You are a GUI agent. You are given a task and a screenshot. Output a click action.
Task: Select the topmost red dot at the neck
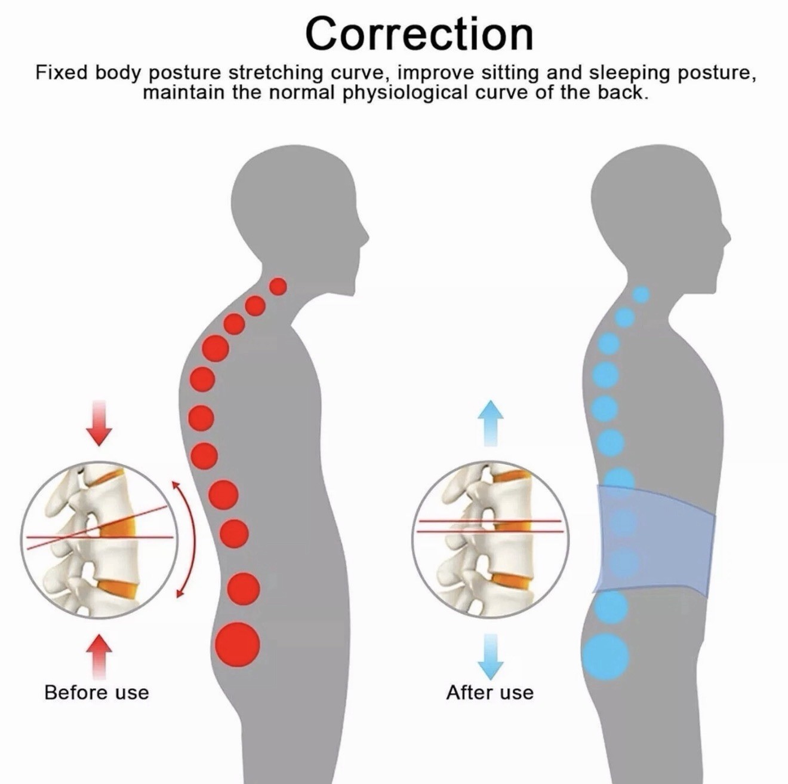pos(279,287)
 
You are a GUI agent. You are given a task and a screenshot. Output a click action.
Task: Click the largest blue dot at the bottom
pos(607,667)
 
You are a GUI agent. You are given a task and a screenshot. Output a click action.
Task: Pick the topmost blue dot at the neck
pos(641,294)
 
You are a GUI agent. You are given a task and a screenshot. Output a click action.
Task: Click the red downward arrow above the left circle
pos(99,423)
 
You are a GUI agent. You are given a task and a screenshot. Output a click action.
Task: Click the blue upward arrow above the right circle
pos(490,423)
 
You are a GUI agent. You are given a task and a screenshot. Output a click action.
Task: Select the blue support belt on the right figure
pos(654,540)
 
